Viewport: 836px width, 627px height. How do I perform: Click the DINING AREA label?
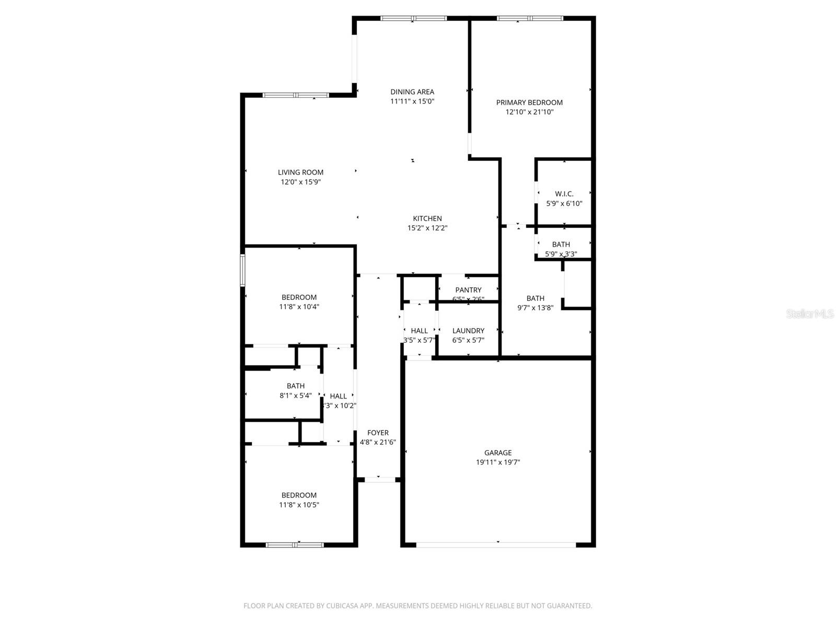(x=412, y=92)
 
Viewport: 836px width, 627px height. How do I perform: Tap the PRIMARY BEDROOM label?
(x=529, y=102)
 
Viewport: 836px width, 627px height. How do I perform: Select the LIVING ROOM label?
(x=300, y=172)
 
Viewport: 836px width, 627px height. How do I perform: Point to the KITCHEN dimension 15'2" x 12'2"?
(x=427, y=228)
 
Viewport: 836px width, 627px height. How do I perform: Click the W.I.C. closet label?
(x=564, y=194)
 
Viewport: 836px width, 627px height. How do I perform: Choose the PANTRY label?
(x=468, y=290)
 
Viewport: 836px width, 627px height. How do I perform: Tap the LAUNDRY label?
(x=468, y=331)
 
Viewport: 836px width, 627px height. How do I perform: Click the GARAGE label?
(x=498, y=453)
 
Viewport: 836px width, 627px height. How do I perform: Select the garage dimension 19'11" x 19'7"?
(x=498, y=462)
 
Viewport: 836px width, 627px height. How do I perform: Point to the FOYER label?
(x=378, y=433)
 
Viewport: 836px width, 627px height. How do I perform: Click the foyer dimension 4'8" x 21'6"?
(x=378, y=442)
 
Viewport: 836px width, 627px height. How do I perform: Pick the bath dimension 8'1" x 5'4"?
(x=296, y=396)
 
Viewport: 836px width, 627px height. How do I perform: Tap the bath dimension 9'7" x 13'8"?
(x=535, y=308)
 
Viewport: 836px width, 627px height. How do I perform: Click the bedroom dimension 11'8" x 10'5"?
(x=299, y=505)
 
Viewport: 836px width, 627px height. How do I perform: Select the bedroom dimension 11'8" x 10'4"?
(x=299, y=307)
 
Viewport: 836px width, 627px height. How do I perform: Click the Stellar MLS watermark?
(x=809, y=314)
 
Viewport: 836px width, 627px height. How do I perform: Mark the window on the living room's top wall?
(x=296, y=95)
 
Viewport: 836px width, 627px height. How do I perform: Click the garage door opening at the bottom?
(x=496, y=545)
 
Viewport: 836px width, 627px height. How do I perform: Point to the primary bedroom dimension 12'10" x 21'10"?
(x=529, y=112)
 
